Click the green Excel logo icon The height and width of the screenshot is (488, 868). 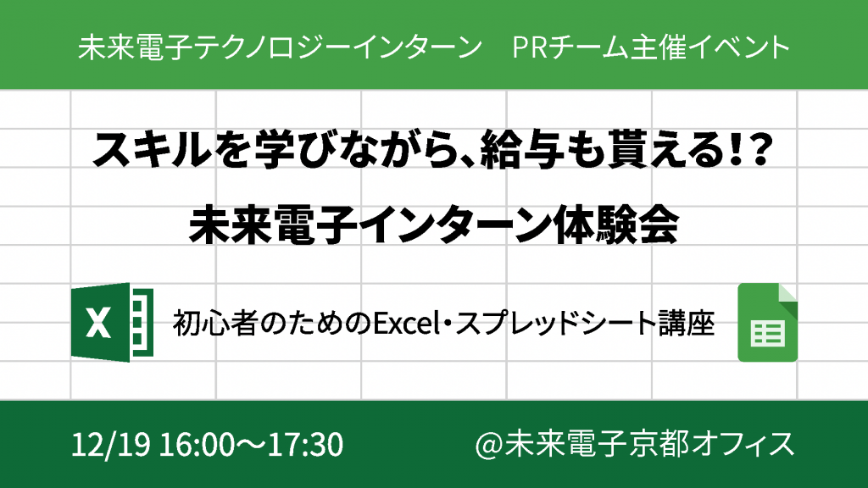tap(113, 322)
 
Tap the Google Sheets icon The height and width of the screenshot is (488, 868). tap(767, 323)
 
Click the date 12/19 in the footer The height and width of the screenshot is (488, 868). tap(111, 445)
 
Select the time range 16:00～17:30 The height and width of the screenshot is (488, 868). tap(251, 445)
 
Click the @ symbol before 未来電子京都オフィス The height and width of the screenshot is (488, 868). tap(488, 445)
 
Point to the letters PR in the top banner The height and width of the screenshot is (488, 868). tap(530, 47)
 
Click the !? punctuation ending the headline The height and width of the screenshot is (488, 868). tap(751, 149)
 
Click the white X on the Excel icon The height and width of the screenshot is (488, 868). tap(98, 323)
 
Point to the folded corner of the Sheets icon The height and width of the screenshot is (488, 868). tap(787, 294)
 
